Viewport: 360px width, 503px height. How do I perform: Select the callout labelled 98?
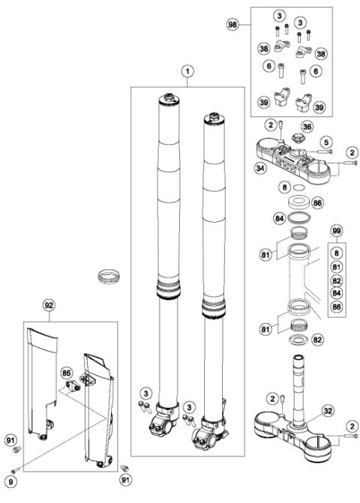pyautogui.click(x=233, y=25)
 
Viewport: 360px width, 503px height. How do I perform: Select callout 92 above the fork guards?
pyautogui.click(x=49, y=305)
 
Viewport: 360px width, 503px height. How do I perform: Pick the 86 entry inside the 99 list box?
pyautogui.click(x=335, y=307)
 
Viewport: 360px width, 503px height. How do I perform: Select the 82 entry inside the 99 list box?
pyautogui.click(x=335, y=280)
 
